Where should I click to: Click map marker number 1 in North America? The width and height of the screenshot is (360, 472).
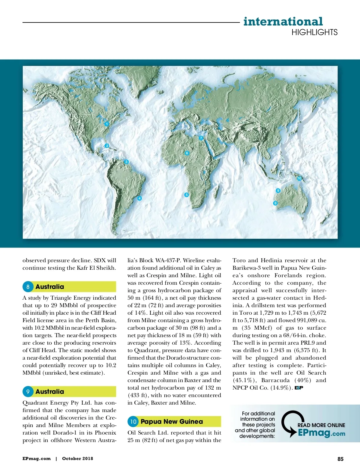106,124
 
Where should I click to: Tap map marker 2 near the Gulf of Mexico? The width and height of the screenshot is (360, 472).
107,146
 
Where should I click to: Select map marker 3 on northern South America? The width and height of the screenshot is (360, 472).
126,162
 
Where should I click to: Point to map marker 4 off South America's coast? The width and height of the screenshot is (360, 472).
139,198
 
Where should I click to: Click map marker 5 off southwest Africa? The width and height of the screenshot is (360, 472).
186,195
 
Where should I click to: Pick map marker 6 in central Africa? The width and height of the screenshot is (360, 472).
187,153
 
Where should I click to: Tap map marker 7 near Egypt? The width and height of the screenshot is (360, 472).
201,138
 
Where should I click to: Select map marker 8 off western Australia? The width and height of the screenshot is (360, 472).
275,203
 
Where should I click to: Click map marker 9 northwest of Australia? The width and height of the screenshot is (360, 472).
278,191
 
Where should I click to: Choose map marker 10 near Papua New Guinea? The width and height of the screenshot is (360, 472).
299,178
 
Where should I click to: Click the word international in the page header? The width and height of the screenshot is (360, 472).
283,22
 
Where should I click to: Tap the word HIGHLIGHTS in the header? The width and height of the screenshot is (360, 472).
314,32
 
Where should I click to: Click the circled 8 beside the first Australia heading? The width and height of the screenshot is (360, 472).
28,287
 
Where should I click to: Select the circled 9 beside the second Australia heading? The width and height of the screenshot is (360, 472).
28,392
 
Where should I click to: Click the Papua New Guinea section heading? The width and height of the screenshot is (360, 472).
172,422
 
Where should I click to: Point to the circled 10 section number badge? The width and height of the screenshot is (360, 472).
133,422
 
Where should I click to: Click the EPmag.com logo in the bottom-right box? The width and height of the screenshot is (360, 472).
321,433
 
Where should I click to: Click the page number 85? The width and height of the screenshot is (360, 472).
340,459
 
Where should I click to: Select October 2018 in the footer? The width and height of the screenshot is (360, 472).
77,459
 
